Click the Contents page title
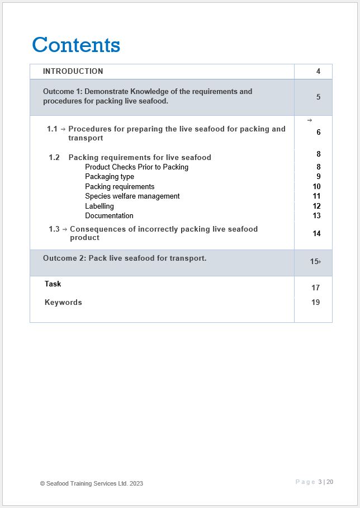tap(76, 45)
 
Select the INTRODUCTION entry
tap(73, 71)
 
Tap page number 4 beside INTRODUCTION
tap(318, 71)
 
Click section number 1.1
tap(52, 129)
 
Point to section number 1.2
tap(54, 158)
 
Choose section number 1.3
tap(54, 229)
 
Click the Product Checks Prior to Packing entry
tap(136, 167)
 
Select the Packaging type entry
tap(110, 177)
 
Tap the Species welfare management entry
tap(132, 196)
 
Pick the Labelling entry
tap(100, 206)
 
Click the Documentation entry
tap(109, 216)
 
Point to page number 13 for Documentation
tap(316, 216)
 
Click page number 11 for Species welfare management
tap(316, 196)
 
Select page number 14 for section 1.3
tap(316, 233)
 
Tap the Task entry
tap(53, 284)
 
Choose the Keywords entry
tap(63, 303)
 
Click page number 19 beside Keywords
tap(316, 303)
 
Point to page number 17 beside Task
tap(316, 288)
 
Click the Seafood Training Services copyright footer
tap(92, 483)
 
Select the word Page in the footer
tap(305, 482)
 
